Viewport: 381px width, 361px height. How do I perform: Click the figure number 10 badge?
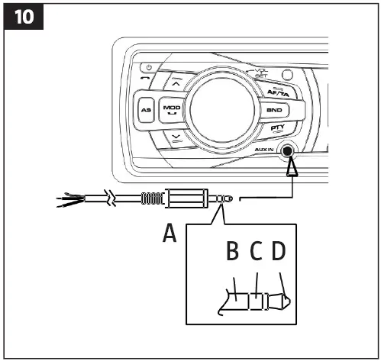(26, 17)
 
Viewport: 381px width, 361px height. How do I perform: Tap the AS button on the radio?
(147, 111)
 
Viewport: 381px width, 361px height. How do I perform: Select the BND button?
(273, 110)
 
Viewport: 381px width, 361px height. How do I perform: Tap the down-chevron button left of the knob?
(178, 138)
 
